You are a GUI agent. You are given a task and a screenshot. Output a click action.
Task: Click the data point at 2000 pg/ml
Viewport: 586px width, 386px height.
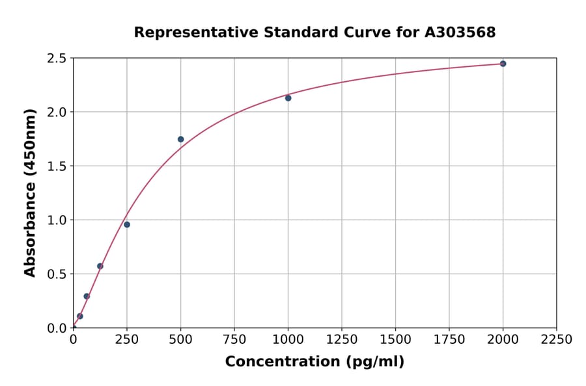503,64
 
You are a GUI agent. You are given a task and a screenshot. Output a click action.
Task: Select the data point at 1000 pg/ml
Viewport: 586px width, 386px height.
288,98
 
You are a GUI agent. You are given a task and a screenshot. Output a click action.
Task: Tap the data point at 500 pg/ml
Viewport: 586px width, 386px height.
180,139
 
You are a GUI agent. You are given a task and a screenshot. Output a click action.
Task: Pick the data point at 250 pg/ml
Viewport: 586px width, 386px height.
127,225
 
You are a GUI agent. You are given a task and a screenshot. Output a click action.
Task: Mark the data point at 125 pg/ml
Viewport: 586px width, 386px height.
100,266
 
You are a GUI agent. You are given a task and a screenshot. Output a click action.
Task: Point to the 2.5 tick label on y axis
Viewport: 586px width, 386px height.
57,58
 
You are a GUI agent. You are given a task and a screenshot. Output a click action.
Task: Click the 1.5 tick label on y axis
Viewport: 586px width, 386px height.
57,166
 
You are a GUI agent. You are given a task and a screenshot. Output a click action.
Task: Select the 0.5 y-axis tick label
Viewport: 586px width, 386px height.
57,274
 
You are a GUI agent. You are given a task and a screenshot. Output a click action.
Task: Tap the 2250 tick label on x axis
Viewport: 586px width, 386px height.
557,340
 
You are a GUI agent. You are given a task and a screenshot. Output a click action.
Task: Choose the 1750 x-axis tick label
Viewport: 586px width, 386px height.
449,340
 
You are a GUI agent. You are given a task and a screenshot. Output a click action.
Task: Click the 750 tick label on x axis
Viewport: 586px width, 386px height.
234,340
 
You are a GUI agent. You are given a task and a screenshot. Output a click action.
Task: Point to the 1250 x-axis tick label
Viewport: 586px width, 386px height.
342,340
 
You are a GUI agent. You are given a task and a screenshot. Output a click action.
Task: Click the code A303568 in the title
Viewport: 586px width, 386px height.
460,32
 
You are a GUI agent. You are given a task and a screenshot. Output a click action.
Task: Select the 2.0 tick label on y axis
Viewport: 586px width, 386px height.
57,112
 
